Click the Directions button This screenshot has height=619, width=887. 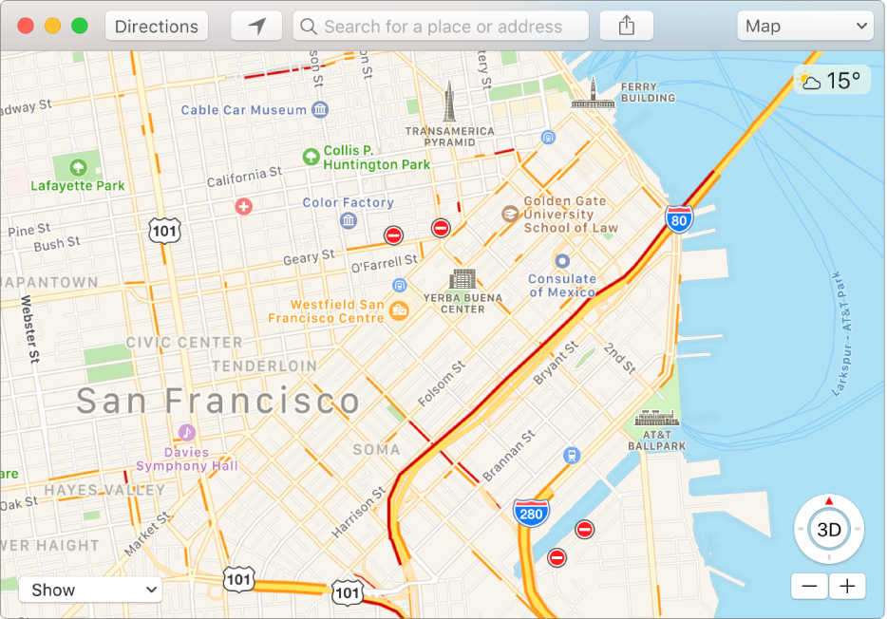[157, 27]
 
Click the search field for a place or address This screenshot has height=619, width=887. [441, 27]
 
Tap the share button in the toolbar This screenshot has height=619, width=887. [626, 27]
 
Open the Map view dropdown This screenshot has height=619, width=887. [804, 27]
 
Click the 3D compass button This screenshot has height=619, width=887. [829, 530]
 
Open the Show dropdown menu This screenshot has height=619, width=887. [90, 590]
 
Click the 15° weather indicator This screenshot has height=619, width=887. [831, 81]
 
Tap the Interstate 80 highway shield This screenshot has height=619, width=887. [678, 219]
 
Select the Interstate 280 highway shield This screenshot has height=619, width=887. [531, 514]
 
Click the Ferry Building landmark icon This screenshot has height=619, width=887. [591, 93]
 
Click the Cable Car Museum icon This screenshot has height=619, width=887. [320, 110]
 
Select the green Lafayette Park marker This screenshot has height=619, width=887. [77, 167]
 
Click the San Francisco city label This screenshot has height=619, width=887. [218, 401]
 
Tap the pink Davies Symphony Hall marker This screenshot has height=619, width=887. [187, 432]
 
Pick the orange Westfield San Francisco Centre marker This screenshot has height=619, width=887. [399, 309]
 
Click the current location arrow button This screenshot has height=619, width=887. [256, 27]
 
